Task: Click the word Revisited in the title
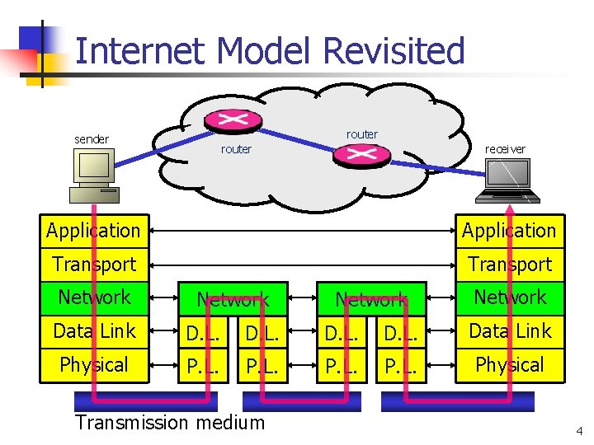tap(394, 51)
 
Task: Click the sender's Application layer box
tap(94, 231)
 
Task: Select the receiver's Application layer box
tap(510, 231)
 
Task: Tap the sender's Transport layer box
tap(94, 265)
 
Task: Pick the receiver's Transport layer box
tap(510, 265)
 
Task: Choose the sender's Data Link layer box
tap(94, 331)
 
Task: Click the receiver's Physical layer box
tap(510, 365)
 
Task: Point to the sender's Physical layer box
tap(94, 365)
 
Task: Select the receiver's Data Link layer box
tap(510, 331)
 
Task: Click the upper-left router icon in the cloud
tap(233, 119)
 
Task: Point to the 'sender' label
tap(92, 139)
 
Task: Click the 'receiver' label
tap(505, 149)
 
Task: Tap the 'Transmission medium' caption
tap(170, 423)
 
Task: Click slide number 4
tap(578, 430)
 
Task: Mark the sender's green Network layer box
tap(94, 297)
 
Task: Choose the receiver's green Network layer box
tap(510, 297)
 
